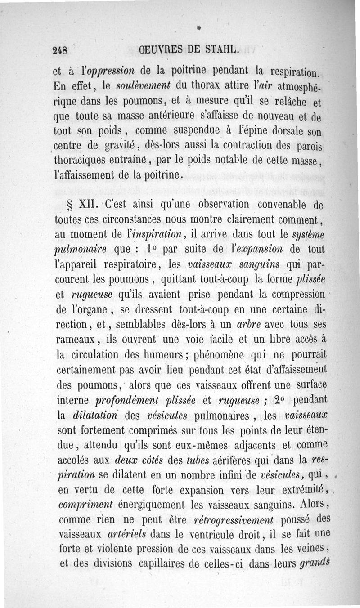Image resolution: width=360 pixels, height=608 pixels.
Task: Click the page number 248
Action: pyautogui.click(x=59, y=51)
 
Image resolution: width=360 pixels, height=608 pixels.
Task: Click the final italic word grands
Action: pyautogui.click(x=314, y=563)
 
